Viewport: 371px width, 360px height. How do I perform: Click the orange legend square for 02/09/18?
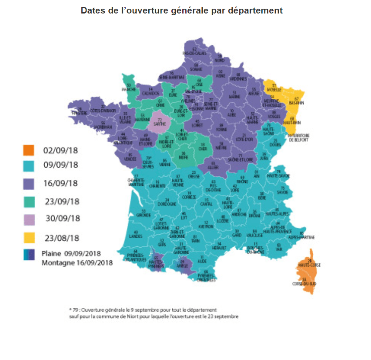[x=29, y=150]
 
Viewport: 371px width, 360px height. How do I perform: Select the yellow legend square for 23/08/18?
[x=29, y=238]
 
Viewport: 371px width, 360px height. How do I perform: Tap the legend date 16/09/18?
[x=60, y=183]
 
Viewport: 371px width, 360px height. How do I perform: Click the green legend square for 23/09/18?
[x=29, y=201]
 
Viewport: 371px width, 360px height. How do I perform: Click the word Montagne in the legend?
[x=57, y=263]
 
